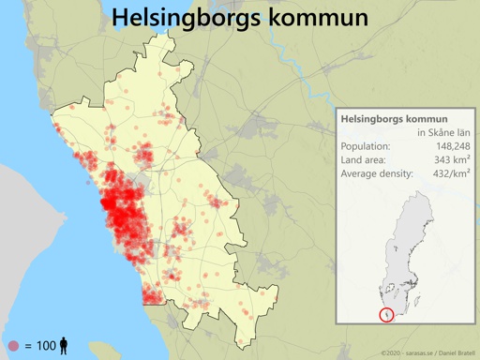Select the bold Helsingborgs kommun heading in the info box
[x=394, y=120]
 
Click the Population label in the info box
[x=366, y=146]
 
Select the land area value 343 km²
[x=452, y=160]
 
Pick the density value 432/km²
[x=451, y=173]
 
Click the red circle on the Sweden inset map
[x=385, y=314]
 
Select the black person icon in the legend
[x=64, y=346]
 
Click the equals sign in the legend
[x=28, y=346]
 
